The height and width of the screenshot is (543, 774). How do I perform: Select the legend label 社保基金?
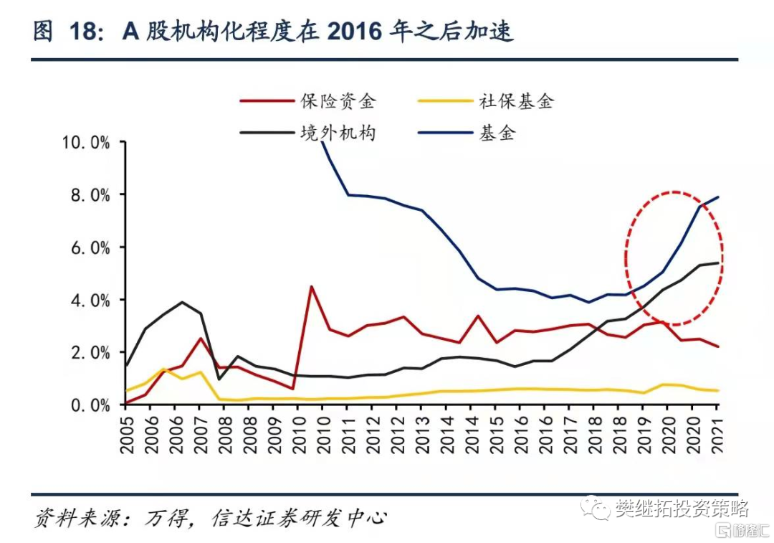516,101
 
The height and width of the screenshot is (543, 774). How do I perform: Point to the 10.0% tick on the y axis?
87,143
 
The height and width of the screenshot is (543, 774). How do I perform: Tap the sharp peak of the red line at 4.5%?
311,286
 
